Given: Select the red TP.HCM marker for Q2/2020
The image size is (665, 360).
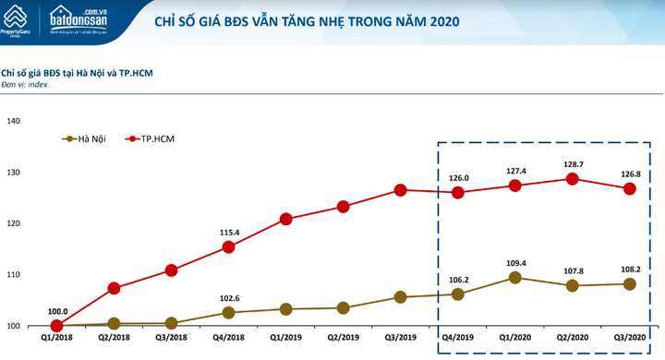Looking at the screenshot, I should coord(573,179).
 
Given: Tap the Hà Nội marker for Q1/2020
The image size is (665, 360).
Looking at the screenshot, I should coord(515,277).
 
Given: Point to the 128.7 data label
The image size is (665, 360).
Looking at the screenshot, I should coord(573,162).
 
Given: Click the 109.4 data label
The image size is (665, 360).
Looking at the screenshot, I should coord(515,262).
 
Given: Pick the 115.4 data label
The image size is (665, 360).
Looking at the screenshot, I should coord(228,232).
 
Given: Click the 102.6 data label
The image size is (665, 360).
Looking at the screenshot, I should coord(228,297).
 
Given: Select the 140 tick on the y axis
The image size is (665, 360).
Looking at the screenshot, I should coord(15,121).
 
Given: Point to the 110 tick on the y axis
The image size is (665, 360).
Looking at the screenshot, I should coord(15,275).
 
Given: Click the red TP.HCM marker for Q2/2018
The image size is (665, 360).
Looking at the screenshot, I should coord(114,288).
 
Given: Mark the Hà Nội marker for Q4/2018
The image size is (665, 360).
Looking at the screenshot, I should coord(228,313).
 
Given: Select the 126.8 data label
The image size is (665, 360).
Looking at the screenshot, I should coord(630,172).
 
